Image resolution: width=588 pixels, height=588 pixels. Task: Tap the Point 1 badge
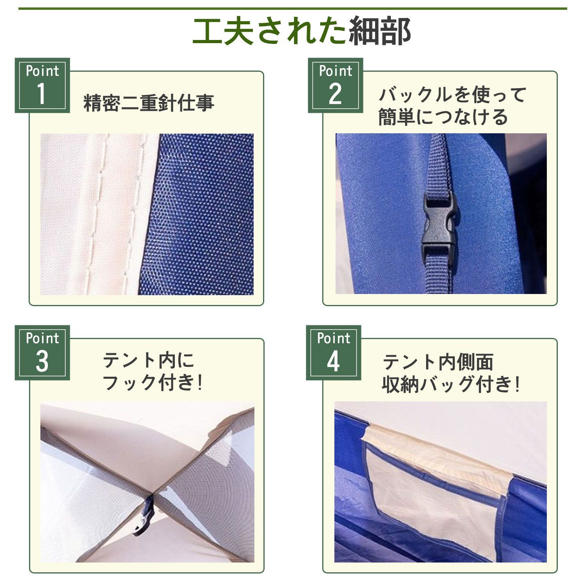coord(42,85)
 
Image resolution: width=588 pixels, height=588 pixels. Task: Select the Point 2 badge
coord(335,85)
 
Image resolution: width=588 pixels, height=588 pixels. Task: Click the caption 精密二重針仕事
coord(149,103)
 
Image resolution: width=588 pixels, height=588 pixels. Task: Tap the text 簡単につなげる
coord(443,117)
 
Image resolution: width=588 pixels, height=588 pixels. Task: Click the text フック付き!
coord(153,383)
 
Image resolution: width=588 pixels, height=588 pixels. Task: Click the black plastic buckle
coord(438,223)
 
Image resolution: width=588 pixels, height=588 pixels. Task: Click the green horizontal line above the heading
coord(293,8)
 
